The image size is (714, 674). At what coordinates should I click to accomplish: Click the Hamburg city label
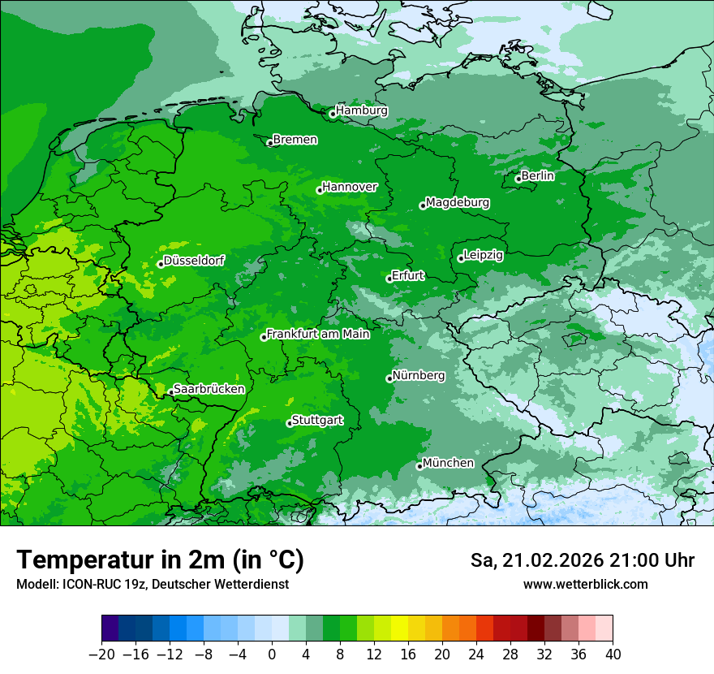[362, 110]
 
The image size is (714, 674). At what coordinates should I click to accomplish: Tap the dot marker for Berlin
[518, 179]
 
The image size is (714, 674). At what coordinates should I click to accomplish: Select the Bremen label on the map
[295, 140]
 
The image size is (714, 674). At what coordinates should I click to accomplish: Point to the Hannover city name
[350, 187]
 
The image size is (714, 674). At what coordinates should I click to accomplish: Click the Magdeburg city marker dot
[423, 205]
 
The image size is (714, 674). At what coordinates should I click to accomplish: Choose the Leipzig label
[484, 255]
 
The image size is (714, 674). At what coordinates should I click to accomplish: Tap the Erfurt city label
[408, 275]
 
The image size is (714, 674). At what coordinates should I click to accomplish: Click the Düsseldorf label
[194, 261]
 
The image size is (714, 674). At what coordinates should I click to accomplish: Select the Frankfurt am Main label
[318, 334]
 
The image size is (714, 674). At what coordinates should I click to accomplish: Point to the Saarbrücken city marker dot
[170, 393]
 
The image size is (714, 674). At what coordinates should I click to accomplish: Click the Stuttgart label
[317, 420]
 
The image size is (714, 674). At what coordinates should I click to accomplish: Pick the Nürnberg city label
[419, 376]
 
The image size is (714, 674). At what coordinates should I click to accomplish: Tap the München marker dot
[419, 466]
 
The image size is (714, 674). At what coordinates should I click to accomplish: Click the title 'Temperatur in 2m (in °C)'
[161, 560]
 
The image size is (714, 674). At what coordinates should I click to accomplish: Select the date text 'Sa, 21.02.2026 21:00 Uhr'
[583, 560]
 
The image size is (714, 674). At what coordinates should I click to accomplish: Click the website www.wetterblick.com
[586, 584]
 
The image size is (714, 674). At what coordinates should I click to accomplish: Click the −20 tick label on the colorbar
[101, 655]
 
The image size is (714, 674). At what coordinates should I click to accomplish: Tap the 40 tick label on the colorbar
[613, 655]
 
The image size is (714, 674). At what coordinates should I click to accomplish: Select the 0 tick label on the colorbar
[272, 655]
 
